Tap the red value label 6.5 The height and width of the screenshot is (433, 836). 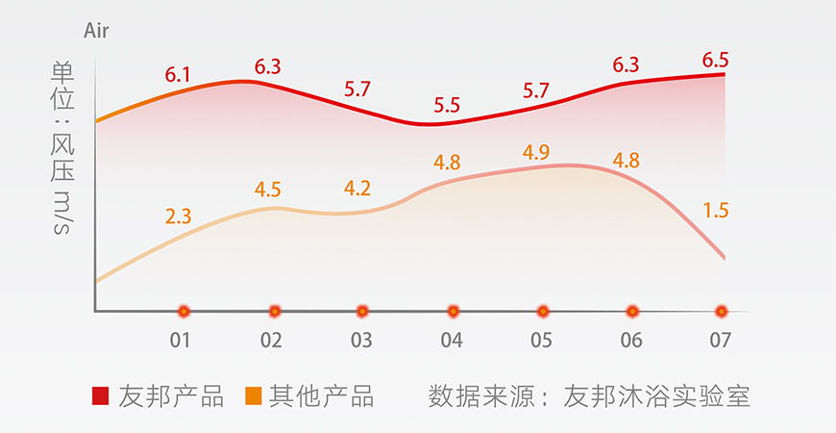[714, 59]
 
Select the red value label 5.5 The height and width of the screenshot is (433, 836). [447, 105]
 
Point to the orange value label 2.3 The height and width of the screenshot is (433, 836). [178, 216]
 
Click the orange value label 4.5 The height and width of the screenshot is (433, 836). [268, 190]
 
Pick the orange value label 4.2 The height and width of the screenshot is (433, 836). [357, 189]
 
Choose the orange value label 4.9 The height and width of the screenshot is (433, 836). [536, 153]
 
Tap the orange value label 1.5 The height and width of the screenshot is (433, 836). [715, 210]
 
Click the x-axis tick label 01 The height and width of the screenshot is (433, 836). [180, 340]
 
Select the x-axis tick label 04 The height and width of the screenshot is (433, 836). [452, 340]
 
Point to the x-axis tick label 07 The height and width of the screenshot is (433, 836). [721, 340]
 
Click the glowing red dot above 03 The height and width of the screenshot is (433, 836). [362, 311]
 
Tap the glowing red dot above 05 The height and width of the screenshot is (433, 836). [543, 311]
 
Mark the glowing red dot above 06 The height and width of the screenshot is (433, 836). [632, 311]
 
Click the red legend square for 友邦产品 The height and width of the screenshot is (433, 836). [100, 395]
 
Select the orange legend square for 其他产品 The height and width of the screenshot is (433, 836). [254, 395]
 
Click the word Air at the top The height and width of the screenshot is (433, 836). [96, 32]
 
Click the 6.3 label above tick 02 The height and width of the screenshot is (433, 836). [268, 67]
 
